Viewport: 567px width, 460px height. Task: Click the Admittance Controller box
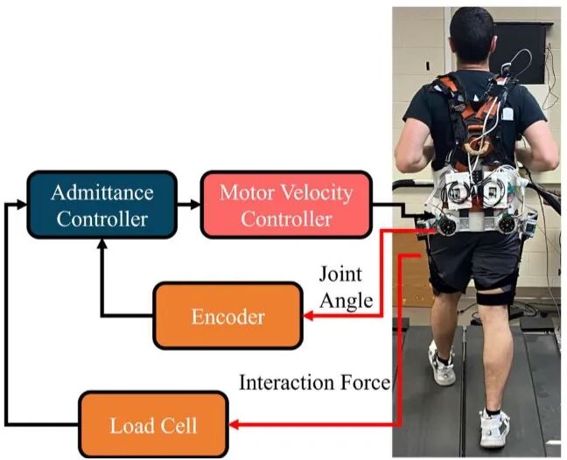102,205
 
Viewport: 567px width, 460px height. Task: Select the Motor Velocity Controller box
286,205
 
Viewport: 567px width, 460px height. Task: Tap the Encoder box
227,316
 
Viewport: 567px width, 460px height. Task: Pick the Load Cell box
154,425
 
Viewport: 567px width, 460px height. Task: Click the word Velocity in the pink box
317,192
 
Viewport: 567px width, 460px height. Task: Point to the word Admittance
102,192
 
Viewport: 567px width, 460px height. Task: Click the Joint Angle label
346,288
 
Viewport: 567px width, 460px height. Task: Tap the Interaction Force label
315,382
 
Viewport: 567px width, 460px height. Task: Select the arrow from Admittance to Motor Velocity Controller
189,205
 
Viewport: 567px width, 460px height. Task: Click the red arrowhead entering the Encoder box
308,316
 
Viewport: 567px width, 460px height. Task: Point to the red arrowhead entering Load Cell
234,425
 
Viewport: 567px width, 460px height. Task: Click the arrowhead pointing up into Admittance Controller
102,244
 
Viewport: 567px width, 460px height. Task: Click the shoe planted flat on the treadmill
493,429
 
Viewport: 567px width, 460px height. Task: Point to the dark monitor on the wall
519,52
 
